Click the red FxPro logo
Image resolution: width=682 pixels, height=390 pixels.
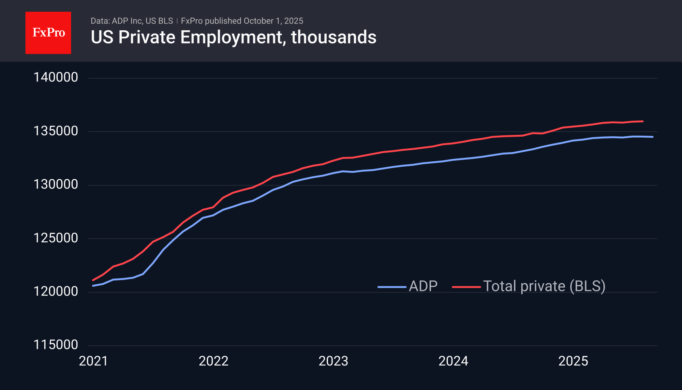click(48, 33)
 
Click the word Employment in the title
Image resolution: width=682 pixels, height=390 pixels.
click(231, 37)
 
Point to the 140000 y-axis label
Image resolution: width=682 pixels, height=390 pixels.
click(56, 77)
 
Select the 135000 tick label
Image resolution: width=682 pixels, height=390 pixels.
click(56, 131)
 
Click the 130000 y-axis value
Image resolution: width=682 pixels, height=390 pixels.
click(56, 185)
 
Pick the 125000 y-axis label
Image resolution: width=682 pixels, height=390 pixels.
click(56, 238)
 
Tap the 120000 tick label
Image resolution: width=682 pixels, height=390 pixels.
click(56, 292)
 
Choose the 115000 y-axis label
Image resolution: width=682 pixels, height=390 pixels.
click(56, 345)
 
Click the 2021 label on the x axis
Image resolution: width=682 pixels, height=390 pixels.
click(94, 361)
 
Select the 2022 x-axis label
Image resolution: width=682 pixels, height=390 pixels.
click(214, 361)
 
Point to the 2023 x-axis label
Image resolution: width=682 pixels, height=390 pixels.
click(334, 361)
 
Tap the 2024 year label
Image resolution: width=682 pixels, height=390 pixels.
click(453, 361)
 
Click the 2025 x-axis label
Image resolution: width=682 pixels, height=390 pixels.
click(573, 361)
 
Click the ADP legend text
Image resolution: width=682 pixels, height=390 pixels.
click(423, 286)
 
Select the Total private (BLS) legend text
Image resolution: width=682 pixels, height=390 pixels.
click(544, 286)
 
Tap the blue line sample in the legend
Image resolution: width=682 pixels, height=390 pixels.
click(392, 287)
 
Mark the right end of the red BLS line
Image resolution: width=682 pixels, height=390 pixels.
click(643, 121)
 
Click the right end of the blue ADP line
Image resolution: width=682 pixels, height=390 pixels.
click(652, 137)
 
